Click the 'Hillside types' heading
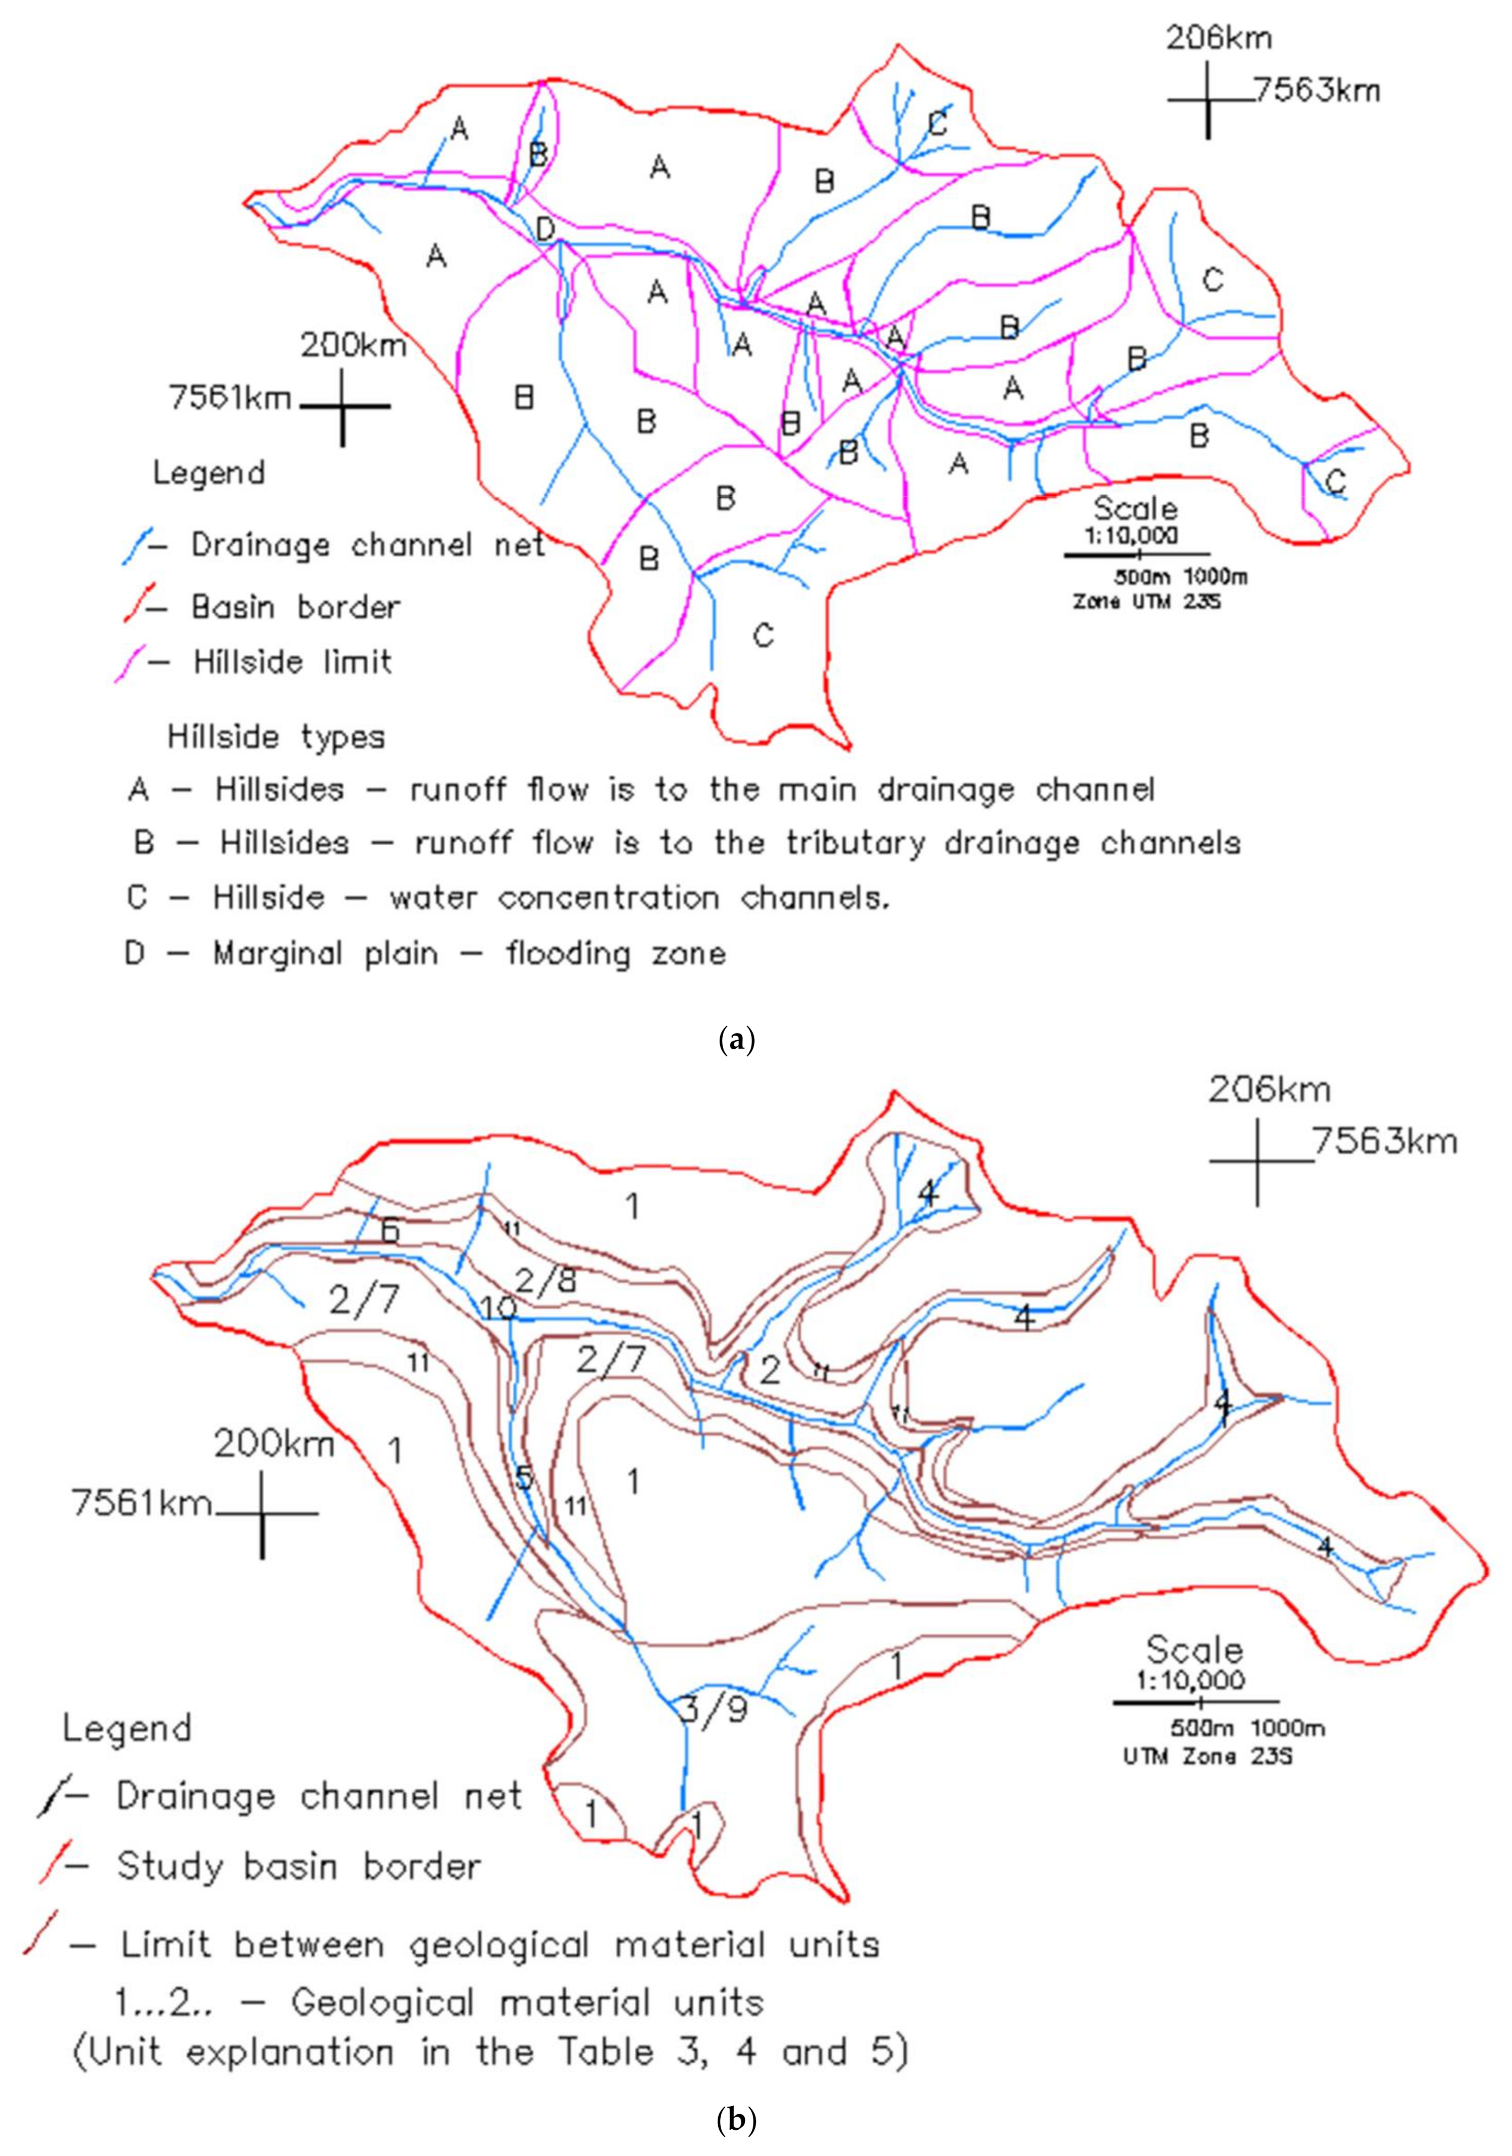(x=276, y=737)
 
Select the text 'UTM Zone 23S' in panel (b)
(x=1208, y=1754)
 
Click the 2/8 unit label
(x=547, y=1280)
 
